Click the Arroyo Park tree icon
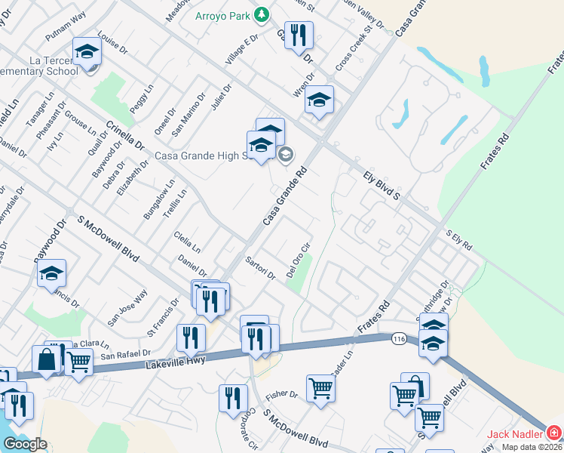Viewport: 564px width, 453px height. coord(261,14)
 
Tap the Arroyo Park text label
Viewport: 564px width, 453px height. coord(223,15)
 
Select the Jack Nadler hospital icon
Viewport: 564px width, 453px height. coord(554,433)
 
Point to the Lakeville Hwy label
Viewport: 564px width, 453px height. coord(176,365)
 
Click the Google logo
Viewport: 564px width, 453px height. coord(25,444)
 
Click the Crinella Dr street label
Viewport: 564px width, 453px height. coord(124,134)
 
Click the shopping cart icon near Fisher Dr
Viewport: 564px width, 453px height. coord(320,388)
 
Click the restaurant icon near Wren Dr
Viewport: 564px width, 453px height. coord(299,35)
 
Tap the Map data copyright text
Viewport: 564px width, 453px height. coord(532,447)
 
